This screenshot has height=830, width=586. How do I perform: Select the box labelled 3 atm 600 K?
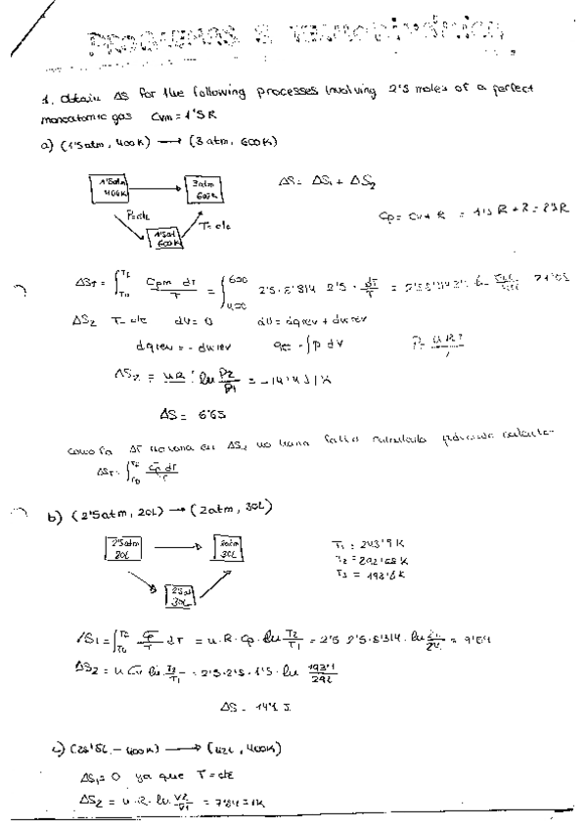(203, 189)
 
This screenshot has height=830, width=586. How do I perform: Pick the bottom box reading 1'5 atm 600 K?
(163, 239)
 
